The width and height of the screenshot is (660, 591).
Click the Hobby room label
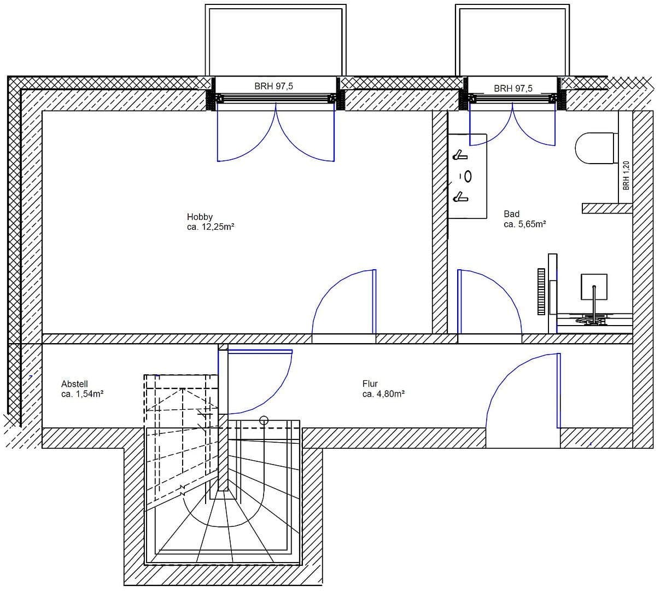tap(200, 217)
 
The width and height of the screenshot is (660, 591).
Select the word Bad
tap(511, 214)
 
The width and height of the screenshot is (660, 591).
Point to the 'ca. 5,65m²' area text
tap(525, 224)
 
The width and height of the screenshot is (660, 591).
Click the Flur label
tap(370, 384)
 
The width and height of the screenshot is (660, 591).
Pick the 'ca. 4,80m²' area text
tap(383, 393)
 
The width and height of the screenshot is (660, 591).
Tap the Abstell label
tap(74, 384)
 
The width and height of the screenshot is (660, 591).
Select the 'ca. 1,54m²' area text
tap(83, 393)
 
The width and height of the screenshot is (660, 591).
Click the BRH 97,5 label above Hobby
tap(273, 86)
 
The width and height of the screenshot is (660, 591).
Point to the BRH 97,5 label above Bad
tap(513, 88)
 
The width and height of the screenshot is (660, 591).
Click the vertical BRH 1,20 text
tap(626, 175)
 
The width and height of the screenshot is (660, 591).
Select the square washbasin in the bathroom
tap(594, 286)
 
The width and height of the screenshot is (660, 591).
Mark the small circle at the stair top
tap(264, 420)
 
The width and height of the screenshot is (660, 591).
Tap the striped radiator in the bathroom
tap(541, 291)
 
